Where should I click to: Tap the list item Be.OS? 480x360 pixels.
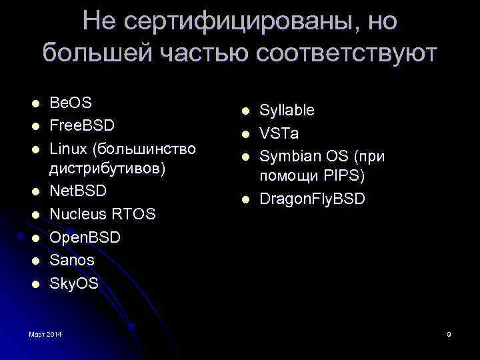(71, 103)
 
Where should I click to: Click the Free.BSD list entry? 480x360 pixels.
(83, 125)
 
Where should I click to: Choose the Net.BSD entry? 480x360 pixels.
(79, 191)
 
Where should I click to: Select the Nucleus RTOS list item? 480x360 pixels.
(103, 214)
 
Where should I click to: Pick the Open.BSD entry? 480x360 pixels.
(85, 237)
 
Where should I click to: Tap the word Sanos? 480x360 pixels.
(72, 260)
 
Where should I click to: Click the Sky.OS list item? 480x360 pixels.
(75, 283)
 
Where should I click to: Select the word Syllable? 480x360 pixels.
(287, 110)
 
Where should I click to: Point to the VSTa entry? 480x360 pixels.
(279, 133)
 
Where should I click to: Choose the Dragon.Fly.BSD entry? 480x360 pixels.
(312, 199)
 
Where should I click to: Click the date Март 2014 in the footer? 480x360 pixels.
(45, 333)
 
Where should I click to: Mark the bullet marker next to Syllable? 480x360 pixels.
(245, 111)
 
